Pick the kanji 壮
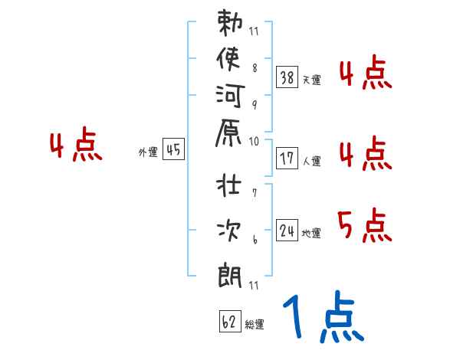click(x=228, y=188)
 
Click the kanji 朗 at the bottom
click(x=228, y=272)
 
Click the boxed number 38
click(x=287, y=77)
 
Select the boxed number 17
click(x=287, y=159)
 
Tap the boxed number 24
click(x=287, y=231)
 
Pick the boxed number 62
click(x=229, y=321)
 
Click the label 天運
click(x=312, y=80)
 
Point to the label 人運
click(x=312, y=161)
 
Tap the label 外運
click(x=148, y=152)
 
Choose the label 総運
click(x=255, y=324)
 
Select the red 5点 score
click(x=364, y=224)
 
